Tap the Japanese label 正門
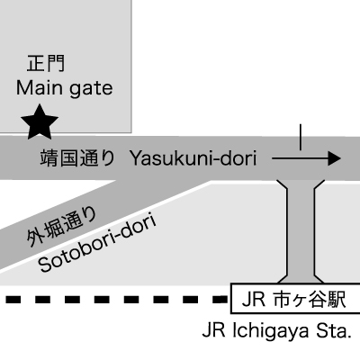pos(46,63)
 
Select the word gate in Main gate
pos(91,89)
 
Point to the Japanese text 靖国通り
pos(77,158)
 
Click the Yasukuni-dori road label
pos(193,158)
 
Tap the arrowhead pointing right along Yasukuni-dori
pos(335,158)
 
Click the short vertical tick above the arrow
pos(301,137)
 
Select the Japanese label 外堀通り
pos(62,227)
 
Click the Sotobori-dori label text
pos(97,243)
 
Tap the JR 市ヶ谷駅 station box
pos(295,299)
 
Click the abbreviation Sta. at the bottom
pos(334,330)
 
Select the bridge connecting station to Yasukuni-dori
pos(301,231)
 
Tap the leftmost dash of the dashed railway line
pos(13,299)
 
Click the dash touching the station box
pos(221,299)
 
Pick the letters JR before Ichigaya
pos(214,331)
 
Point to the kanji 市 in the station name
pos(283,299)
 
